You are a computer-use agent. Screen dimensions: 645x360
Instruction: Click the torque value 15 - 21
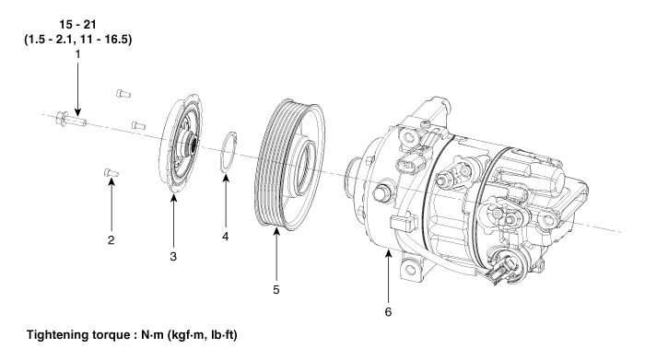(77, 25)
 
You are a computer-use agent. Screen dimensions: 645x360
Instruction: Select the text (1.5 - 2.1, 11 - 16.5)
(78, 40)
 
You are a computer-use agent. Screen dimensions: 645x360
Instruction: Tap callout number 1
(77, 53)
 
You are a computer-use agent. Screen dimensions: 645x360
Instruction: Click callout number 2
(111, 240)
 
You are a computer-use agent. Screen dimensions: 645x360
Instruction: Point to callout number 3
(173, 257)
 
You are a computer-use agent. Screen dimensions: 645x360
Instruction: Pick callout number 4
(226, 237)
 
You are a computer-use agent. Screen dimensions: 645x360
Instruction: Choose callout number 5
(276, 290)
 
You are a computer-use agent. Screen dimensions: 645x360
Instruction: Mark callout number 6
(388, 312)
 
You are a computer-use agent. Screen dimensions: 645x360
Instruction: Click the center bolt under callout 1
(71, 120)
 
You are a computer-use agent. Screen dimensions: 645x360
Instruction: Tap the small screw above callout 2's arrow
(111, 172)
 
